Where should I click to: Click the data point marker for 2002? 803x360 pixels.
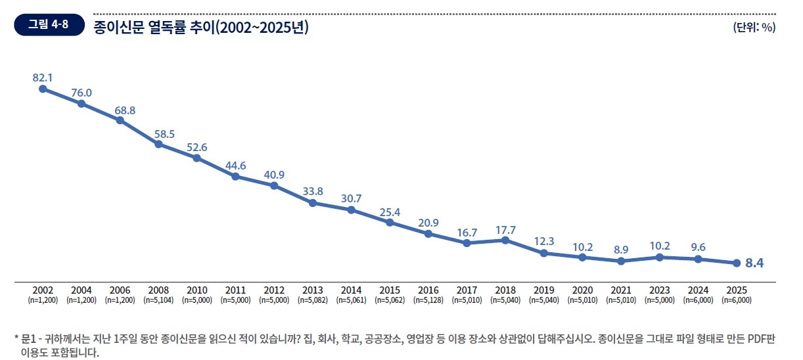[43, 89]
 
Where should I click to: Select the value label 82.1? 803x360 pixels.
[43, 78]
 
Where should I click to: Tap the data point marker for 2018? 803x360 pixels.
[505, 240]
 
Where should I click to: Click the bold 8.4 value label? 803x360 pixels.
[754, 263]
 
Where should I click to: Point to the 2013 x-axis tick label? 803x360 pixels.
[313, 290]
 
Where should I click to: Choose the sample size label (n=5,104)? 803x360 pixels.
[158, 300]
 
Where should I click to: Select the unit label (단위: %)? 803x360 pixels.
[754, 27]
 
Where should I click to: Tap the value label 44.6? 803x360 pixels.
[235, 166]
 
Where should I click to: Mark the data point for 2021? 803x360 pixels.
[620, 261]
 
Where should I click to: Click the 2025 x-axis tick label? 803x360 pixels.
[736, 290]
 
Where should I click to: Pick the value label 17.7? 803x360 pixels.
[505, 229]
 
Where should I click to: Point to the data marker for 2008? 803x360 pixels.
[158, 144]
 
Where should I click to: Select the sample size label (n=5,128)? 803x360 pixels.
[428, 300]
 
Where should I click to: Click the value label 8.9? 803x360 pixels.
[620, 250]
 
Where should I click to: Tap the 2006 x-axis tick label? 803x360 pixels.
[120, 290]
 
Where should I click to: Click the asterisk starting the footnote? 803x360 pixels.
[16, 340]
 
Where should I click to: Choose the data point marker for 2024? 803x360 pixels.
[698, 259]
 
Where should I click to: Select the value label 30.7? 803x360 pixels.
[351, 198]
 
